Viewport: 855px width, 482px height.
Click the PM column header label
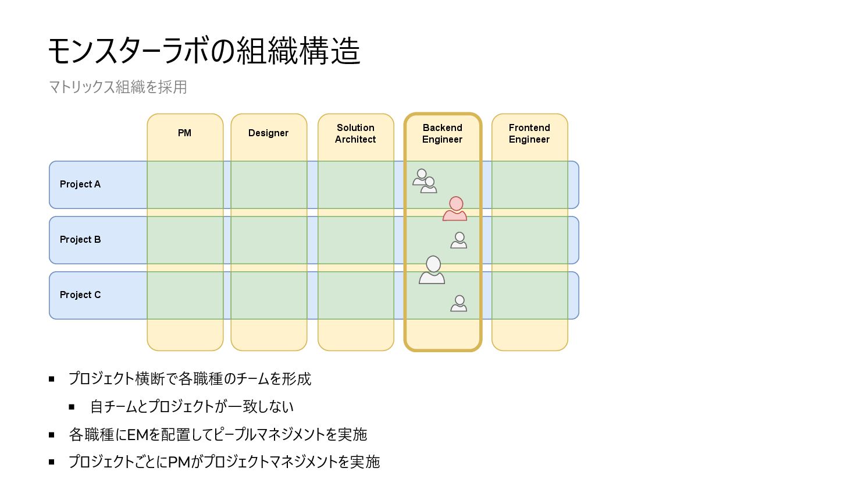[184, 133]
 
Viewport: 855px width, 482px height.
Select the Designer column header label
[268, 133]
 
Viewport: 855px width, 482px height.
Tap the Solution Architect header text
[355, 133]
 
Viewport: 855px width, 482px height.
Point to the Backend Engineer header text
[443, 133]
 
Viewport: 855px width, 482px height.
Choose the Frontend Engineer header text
[529, 133]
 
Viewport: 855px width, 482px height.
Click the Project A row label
[80, 185]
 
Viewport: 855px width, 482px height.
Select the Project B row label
[80, 240]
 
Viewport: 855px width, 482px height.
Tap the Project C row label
[80, 295]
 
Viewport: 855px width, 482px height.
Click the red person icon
[455, 209]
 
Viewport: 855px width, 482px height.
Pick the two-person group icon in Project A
[425, 181]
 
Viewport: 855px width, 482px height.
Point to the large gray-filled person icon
[432, 270]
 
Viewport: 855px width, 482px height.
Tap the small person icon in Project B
[459, 240]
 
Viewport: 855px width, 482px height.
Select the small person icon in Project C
[459, 303]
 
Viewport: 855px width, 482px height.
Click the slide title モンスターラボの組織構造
[204, 51]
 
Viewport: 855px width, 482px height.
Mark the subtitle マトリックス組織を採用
[117, 87]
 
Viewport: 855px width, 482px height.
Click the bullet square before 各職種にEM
[52, 435]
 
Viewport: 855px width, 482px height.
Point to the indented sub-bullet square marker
[72, 407]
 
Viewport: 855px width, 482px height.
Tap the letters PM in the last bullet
[179, 462]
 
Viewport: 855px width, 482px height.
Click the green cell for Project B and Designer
[269, 240]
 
